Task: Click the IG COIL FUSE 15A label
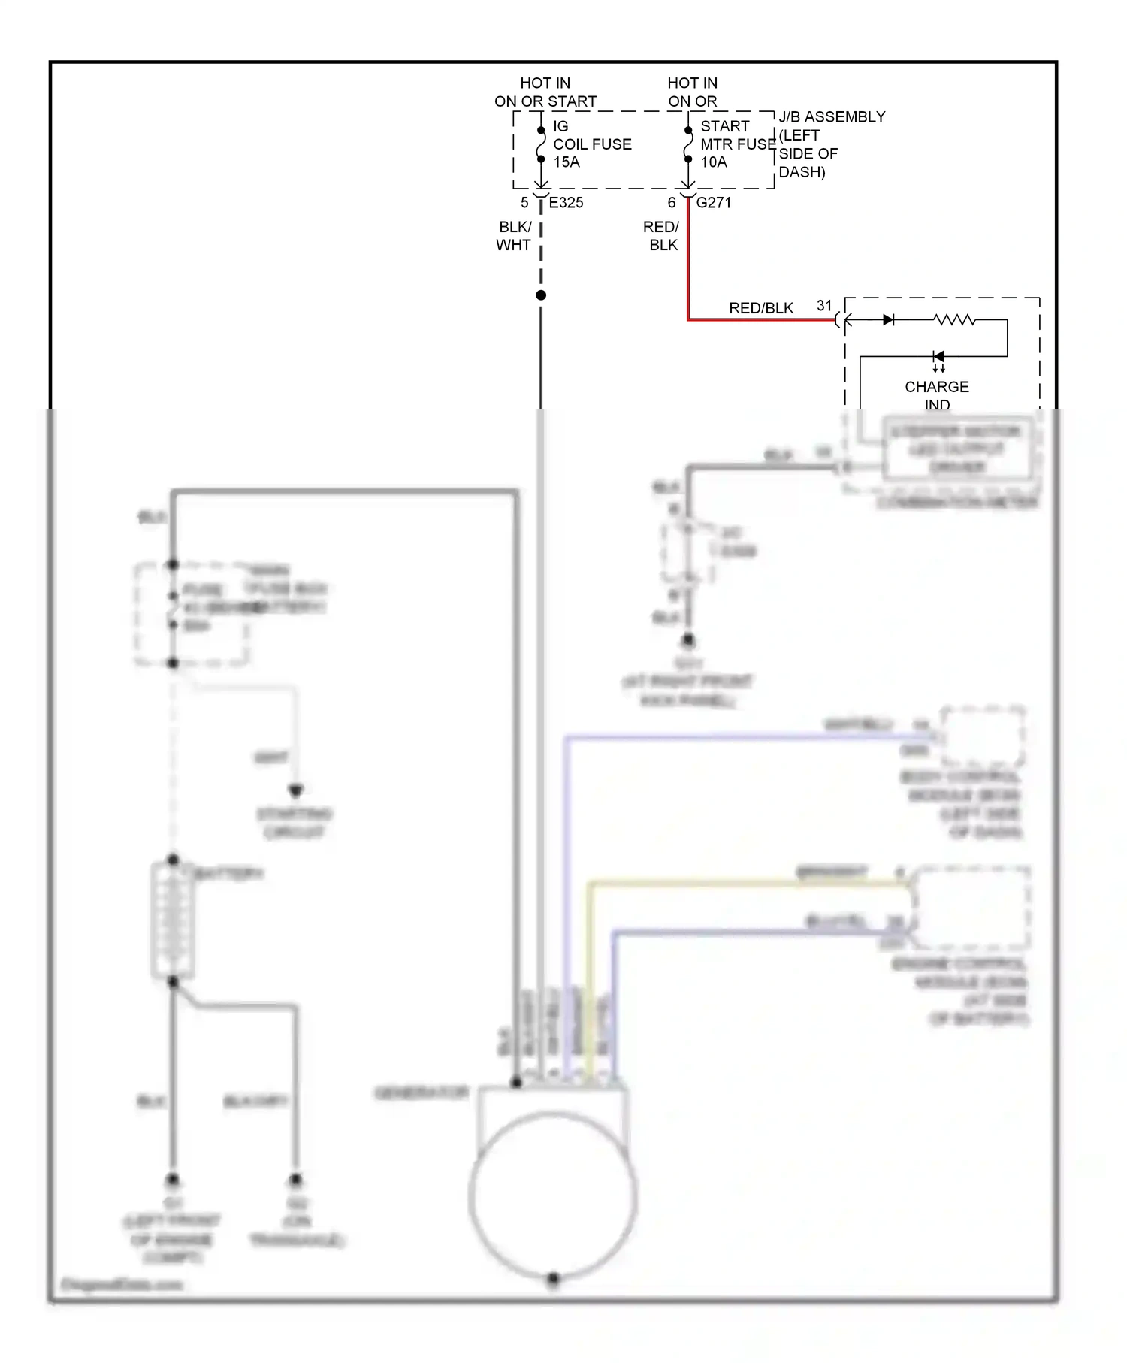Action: click(x=591, y=144)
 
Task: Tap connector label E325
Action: click(x=566, y=202)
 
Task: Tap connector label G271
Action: click(x=713, y=202)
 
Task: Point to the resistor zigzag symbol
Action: click(x=954, y=320)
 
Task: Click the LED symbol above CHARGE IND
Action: click(x=938, y=357)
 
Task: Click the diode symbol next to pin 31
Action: click(x=888, y=320)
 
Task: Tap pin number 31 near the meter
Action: click(x=824, y=306)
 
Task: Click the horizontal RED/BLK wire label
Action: click(x=760, y=308)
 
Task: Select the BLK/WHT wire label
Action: click(x=515, y=236)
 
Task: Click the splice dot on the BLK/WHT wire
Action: click(x=541, y=295)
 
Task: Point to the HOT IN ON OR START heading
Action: click(x=545, y=92)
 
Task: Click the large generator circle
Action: click(x=553, y=1195)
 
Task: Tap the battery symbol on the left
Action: click(x=173, y=920)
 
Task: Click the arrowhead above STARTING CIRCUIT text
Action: click(x=295, y=790)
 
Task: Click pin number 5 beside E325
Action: click(x=524, y=203)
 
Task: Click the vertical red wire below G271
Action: click(x=688, y=263)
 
